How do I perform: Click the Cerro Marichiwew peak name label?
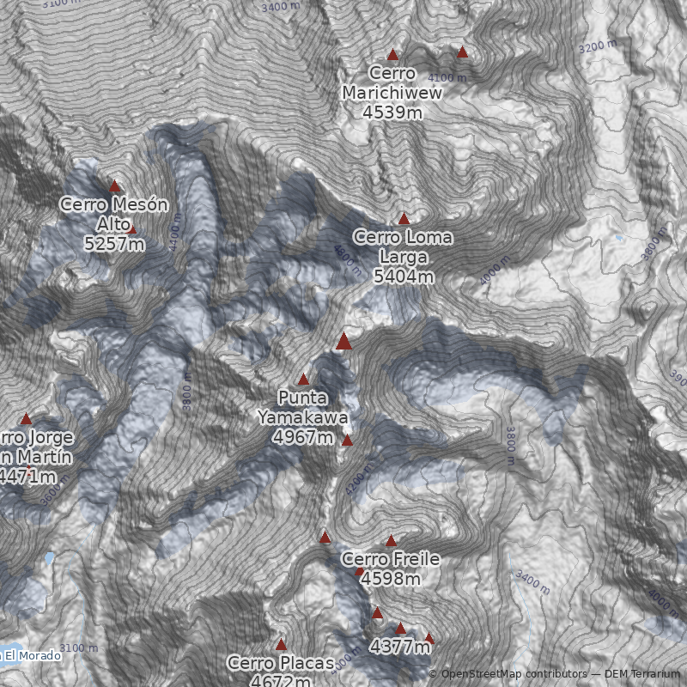[x=392, y=83]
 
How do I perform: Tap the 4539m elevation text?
[x=392, y=112]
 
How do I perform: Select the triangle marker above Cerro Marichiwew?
[x=393, y=54]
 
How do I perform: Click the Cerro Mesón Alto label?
[x=114, y=214]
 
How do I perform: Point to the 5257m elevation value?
[x=114, y=244]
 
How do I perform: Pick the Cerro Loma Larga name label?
[x=403, y=246]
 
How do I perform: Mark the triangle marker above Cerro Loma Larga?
[x=404, y=219]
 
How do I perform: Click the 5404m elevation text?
[x=403, y=277]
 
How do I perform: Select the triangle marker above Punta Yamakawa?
[x=303, y=379]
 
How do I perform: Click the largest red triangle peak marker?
[x=344, y=342]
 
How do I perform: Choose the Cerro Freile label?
[x=391, y=560]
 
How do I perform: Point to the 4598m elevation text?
[x=391, y=580]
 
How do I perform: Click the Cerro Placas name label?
[x=280, y=664]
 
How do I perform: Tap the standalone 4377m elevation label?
[x=398, y=647]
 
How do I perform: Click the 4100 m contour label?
[x=447, y=77]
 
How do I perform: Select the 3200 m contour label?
[x=598, y=46]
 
